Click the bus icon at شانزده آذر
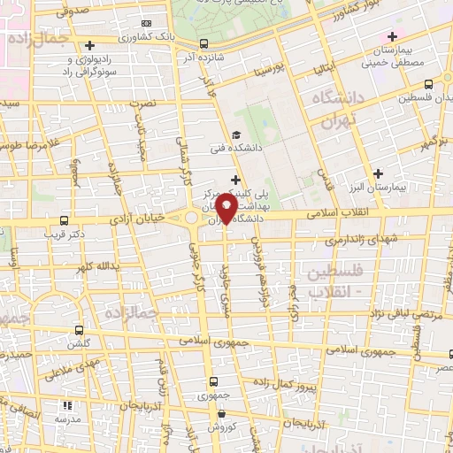pos(204,43)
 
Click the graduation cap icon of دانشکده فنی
pos(234,134)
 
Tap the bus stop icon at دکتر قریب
pos(62,220)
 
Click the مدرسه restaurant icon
pos(67,404)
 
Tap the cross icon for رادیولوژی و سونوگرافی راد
pos(90,45)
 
